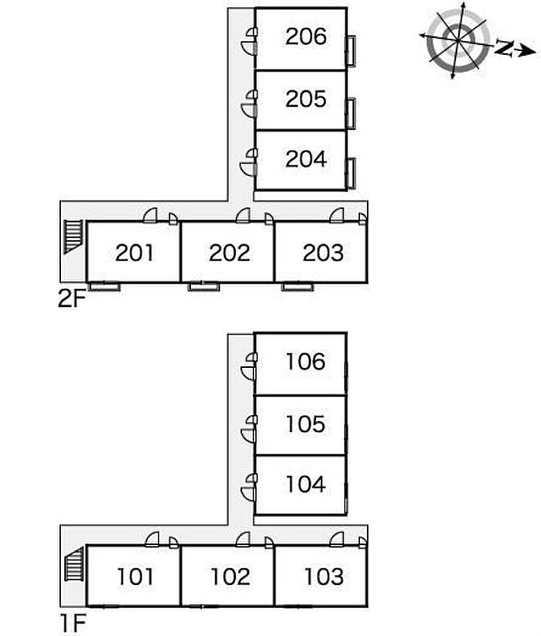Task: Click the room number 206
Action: tap(306, 36)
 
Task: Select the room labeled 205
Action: tap(306, 99)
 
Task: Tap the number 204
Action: tap(306, 158)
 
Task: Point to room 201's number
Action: tap(134, 252)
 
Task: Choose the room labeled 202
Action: tap(230, 252)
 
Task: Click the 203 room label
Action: tap(323, 252)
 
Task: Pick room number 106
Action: tap(305, 362)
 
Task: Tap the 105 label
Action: tap(305, 423)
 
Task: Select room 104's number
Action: tap(305, 484)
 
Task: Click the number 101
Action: tap(135, 576)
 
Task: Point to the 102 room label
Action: tap(230, 576)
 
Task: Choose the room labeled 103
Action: tap(324, 576)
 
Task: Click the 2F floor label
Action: tap(72, 300)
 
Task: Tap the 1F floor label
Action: tap(73, 624)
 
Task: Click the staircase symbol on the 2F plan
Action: tap(73, 237)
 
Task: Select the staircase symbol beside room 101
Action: tap(74, 564)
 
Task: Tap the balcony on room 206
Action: tap(351, 51)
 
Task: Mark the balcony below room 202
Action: tap(203, 287)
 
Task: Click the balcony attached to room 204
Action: tap(351, 174)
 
